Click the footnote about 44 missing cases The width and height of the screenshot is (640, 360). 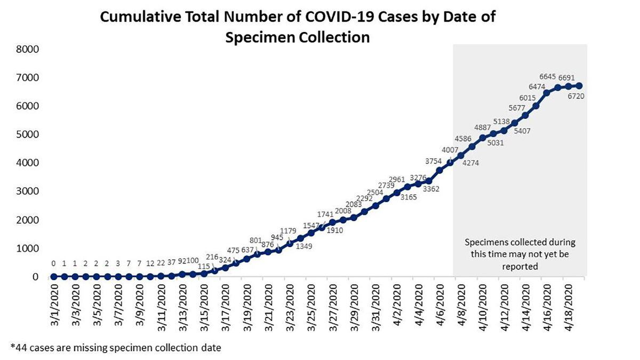pos(115,347)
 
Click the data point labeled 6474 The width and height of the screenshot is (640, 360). pos(546,93)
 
